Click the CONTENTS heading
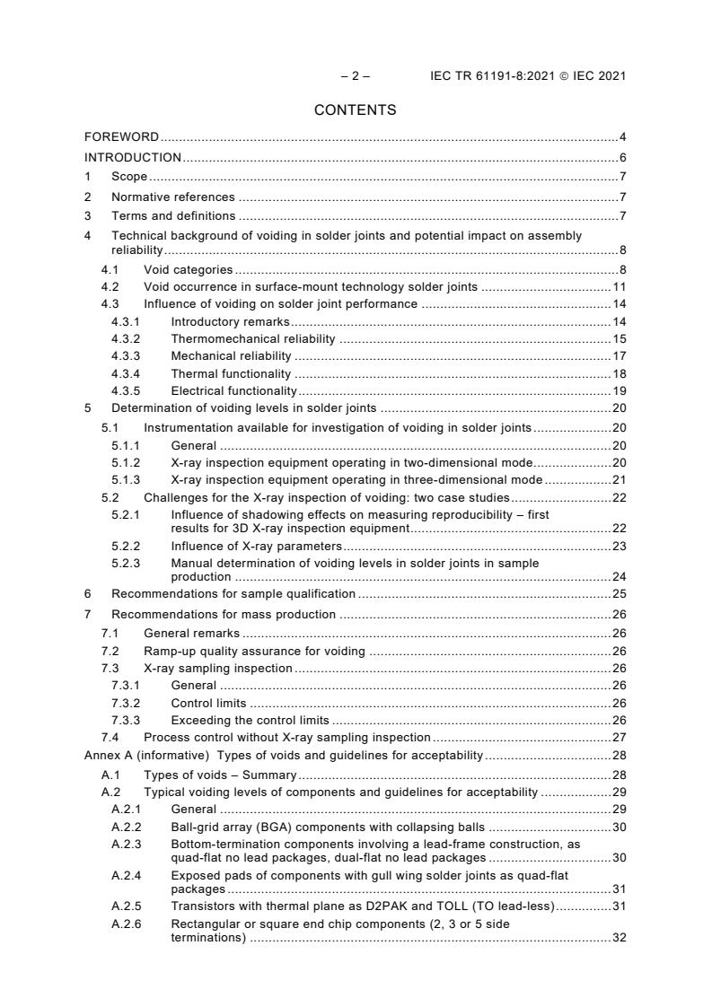point(355,109)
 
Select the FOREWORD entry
point(121,137)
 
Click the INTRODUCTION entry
point(133,157)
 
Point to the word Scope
point(129,177)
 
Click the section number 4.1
point(110,269)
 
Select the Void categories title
point(188,269)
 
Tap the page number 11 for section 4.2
point(619,286)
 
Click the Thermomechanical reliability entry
point(252,338)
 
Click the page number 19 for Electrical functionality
point(619,390)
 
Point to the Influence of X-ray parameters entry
point(256,546)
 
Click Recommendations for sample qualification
point(233,594)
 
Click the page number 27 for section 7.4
point(619,737)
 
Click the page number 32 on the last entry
point(619,937)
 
